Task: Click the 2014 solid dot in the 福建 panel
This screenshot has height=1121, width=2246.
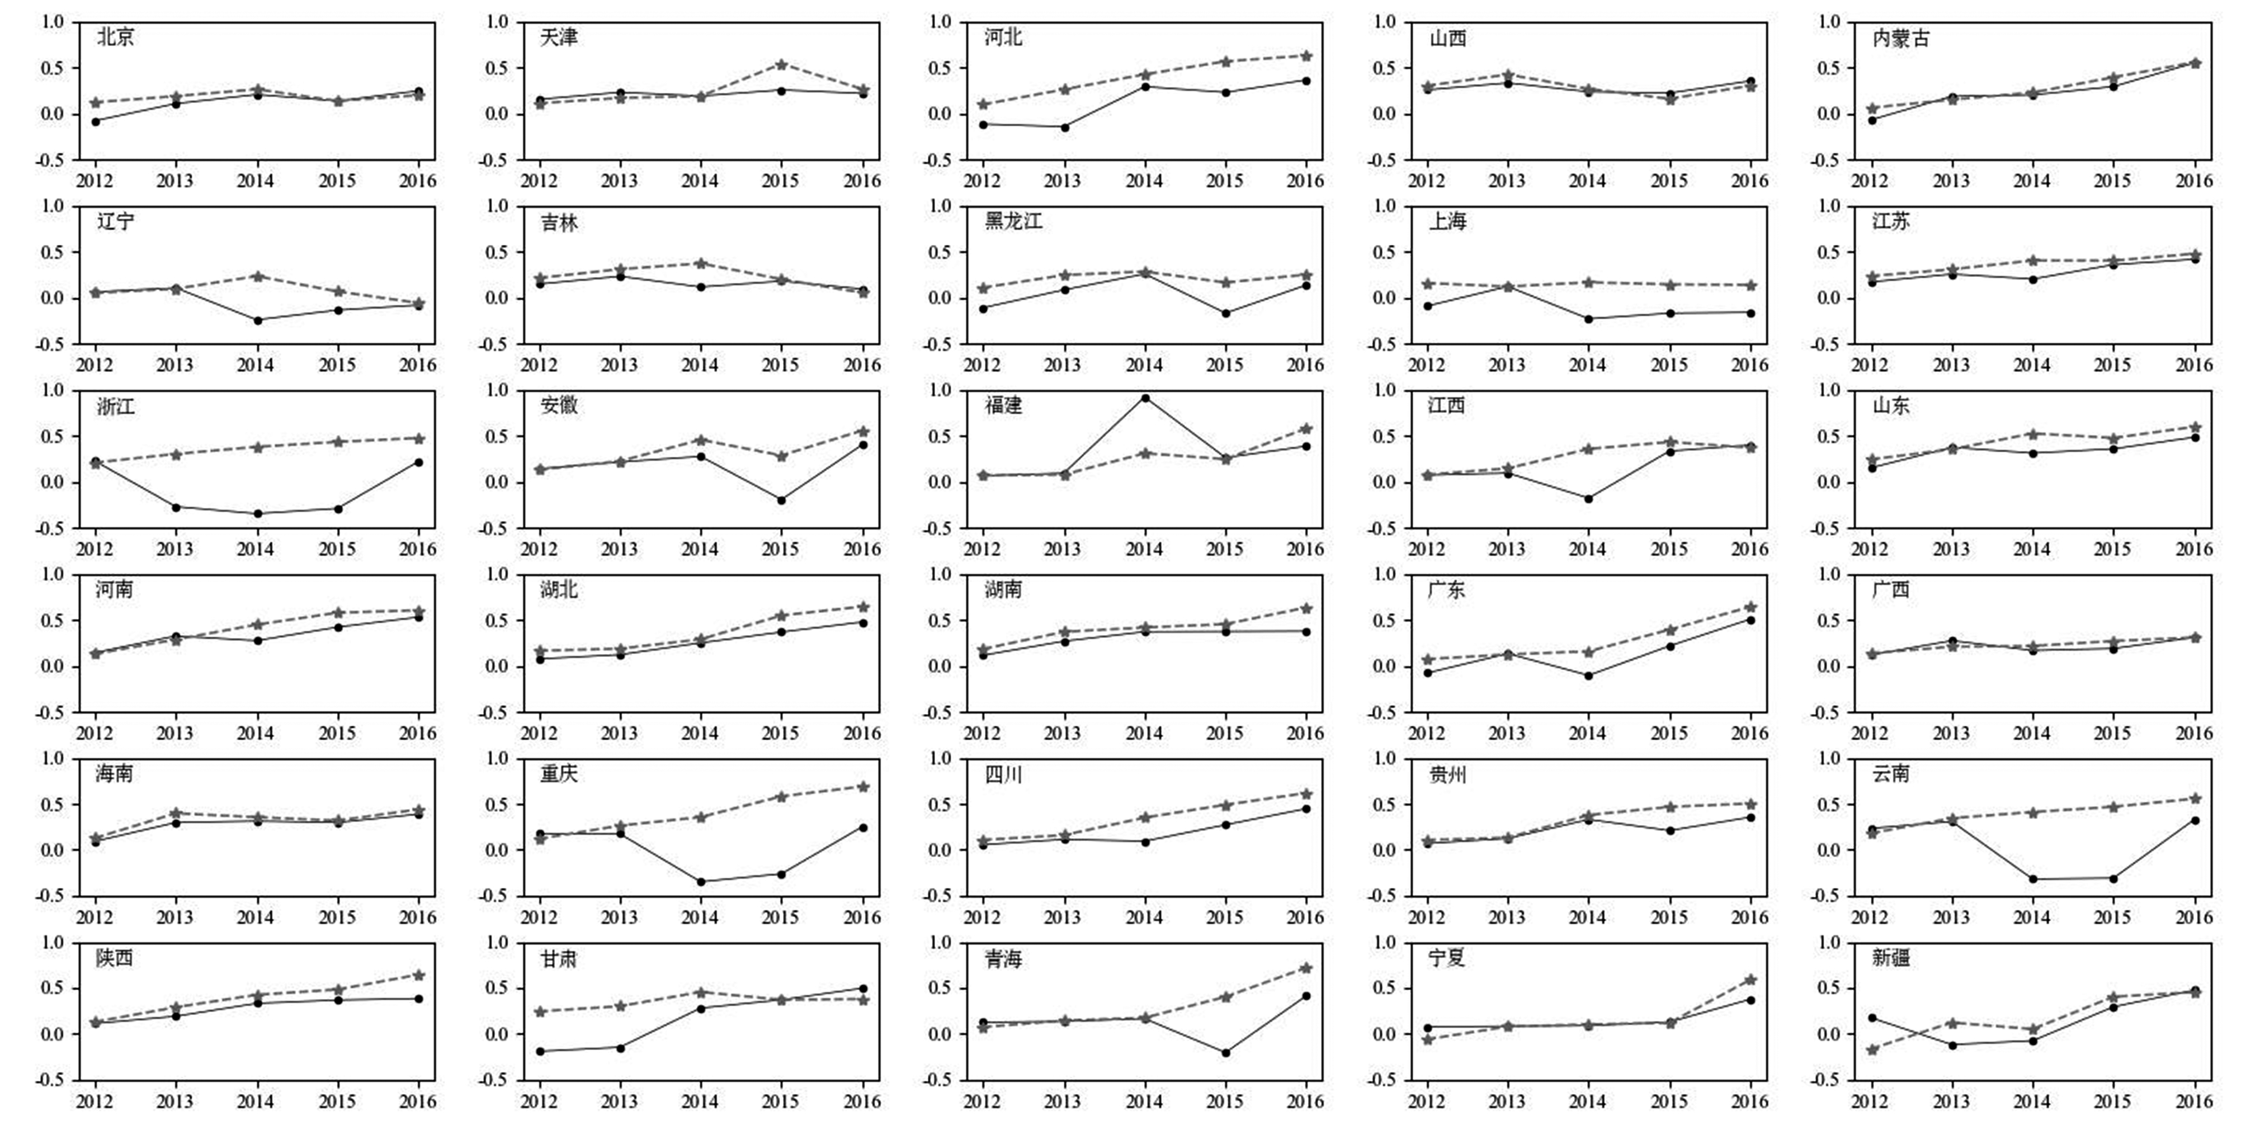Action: pyautogui.click(x=1145, y=399)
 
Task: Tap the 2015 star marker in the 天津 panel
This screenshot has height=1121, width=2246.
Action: pyautogui.click(x=781, y=64)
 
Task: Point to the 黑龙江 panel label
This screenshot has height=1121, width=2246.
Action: pyautogui.click(x=1013, y=221)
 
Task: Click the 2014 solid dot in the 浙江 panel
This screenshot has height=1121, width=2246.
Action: pyautogui.click(x=257, y=513)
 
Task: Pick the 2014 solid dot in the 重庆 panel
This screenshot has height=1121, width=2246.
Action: pyautogui.click(x=701, y=881)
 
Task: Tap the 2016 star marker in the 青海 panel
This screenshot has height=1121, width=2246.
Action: pyautogui.click(x=1306, y=968)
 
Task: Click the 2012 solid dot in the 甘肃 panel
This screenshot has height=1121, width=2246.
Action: pyautogui.click(x=540, y=1051)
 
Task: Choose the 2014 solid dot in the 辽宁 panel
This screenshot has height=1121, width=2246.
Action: pyautogui.click(x=257, y=320)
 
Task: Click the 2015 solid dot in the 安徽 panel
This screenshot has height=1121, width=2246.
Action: pyautogui.click(x=781, y=500)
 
